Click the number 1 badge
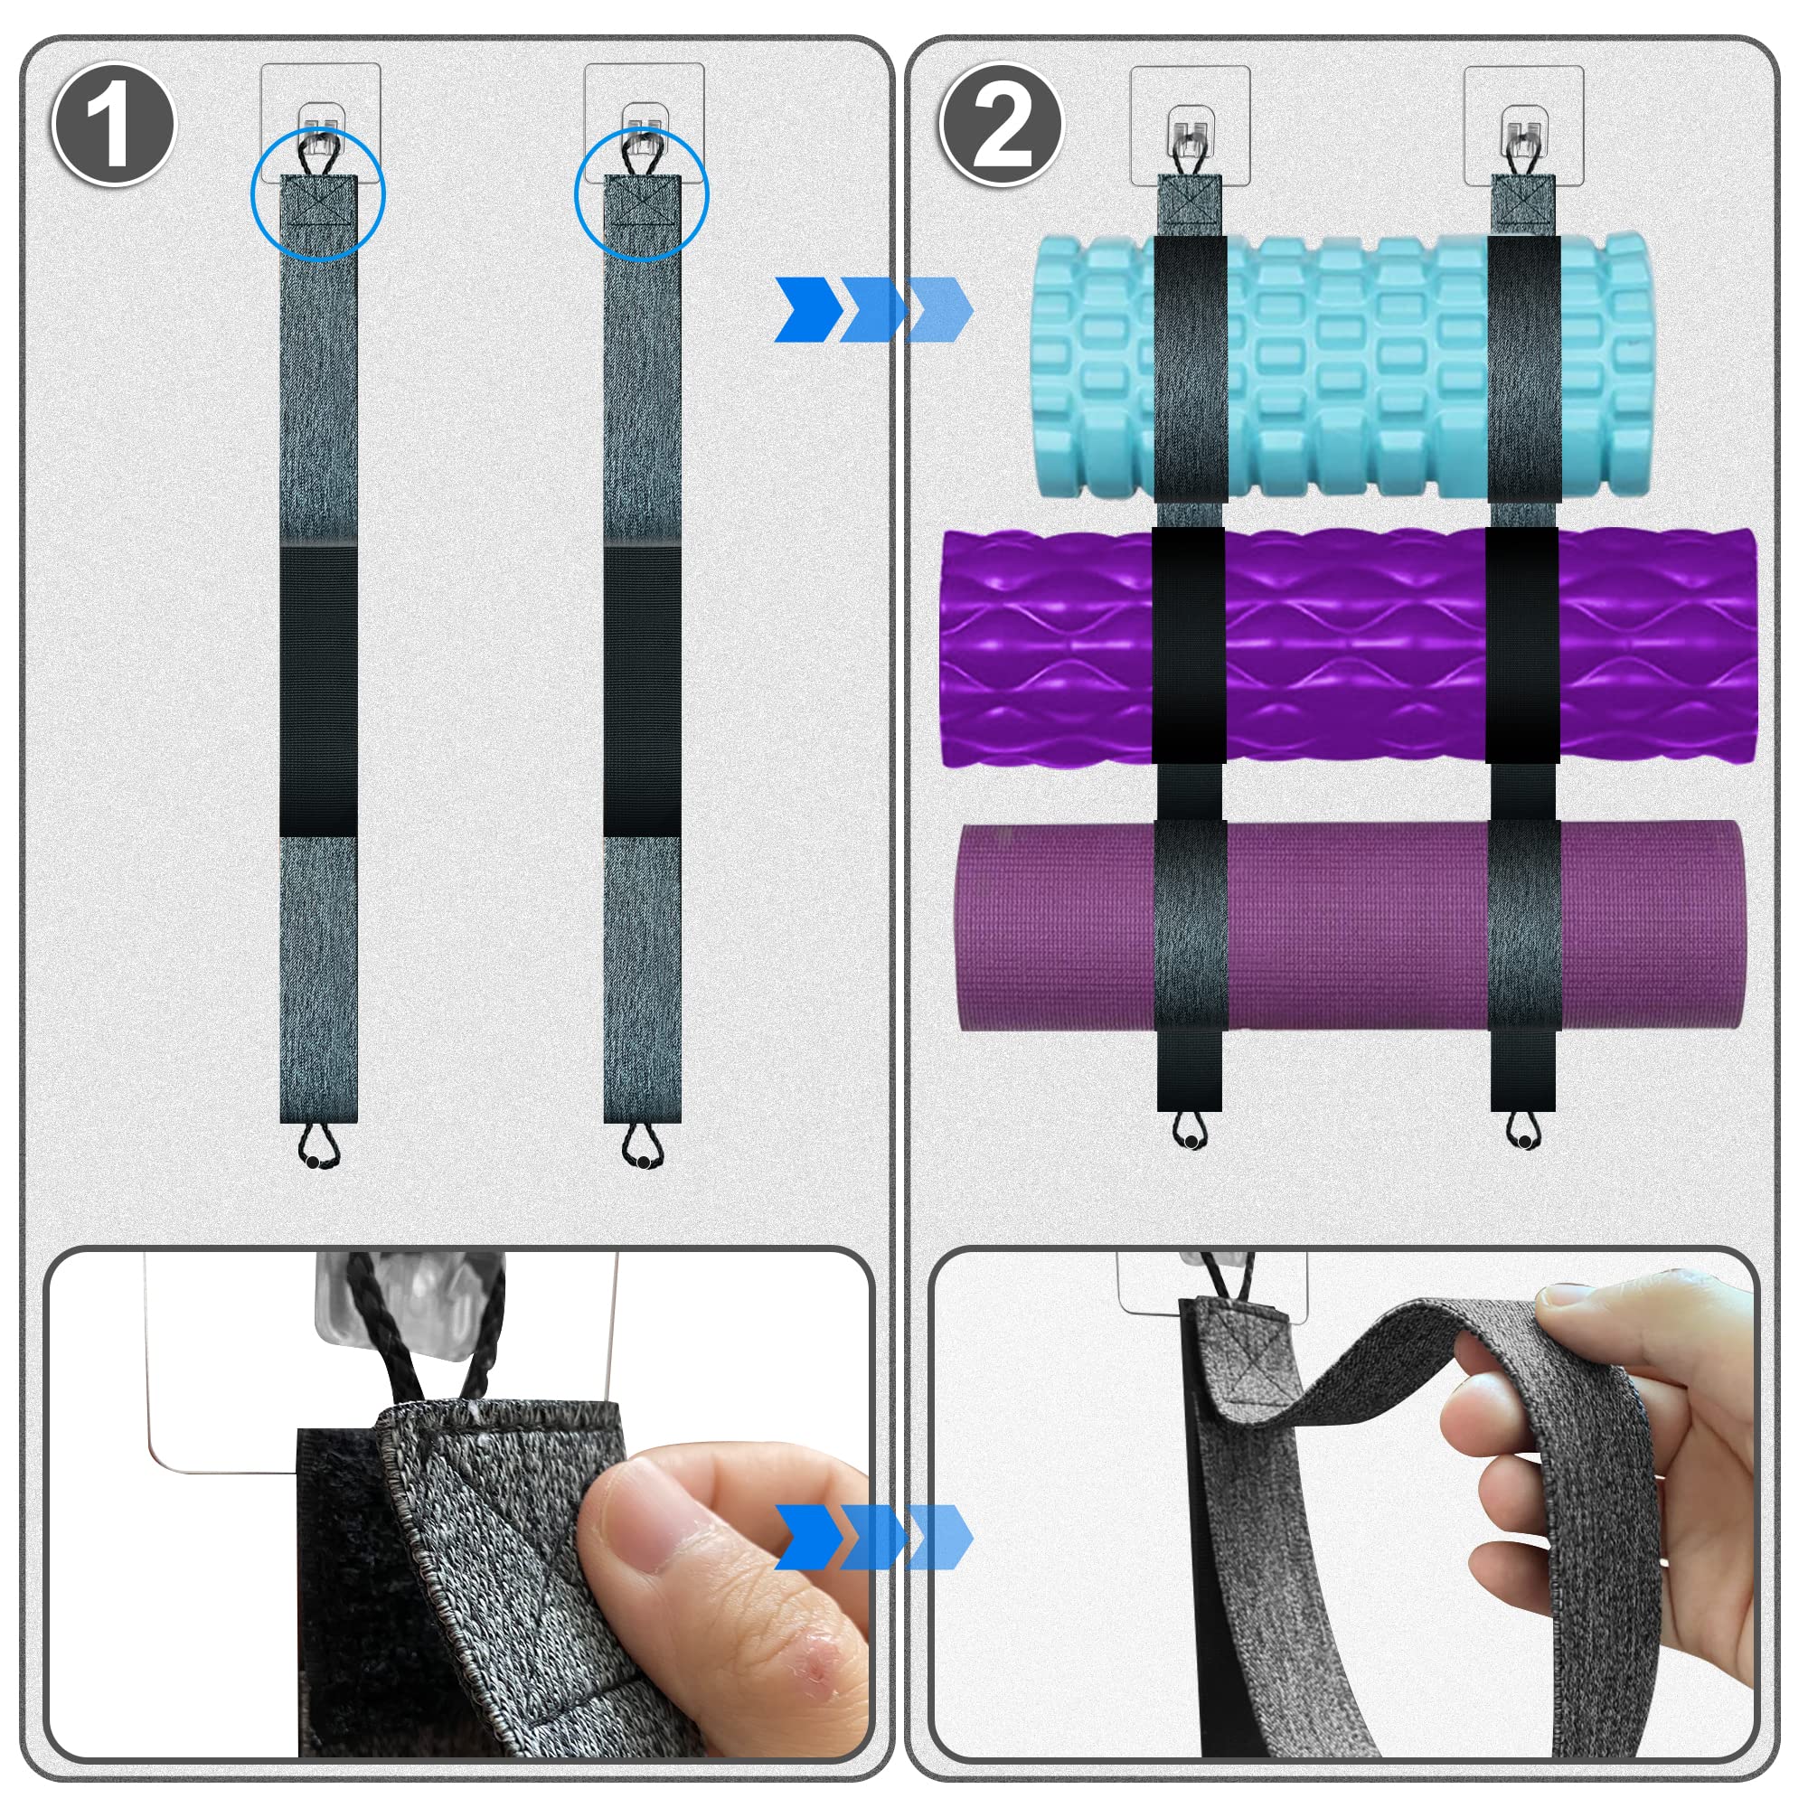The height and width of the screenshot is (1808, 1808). (x=114, y=125)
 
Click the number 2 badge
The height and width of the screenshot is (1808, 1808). (x=1003, y=125)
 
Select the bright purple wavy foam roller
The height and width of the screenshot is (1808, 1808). (x=1348, y=647)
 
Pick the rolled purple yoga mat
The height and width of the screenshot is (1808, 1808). (x=1348, y=927)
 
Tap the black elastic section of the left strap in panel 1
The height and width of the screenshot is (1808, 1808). (x=318, y=691)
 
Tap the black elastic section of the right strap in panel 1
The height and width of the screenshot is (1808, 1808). (x=642, y=691)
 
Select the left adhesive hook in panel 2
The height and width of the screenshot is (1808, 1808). (x=1191, y=127)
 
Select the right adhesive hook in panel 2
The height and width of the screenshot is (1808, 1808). (x=1523, y=127)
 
